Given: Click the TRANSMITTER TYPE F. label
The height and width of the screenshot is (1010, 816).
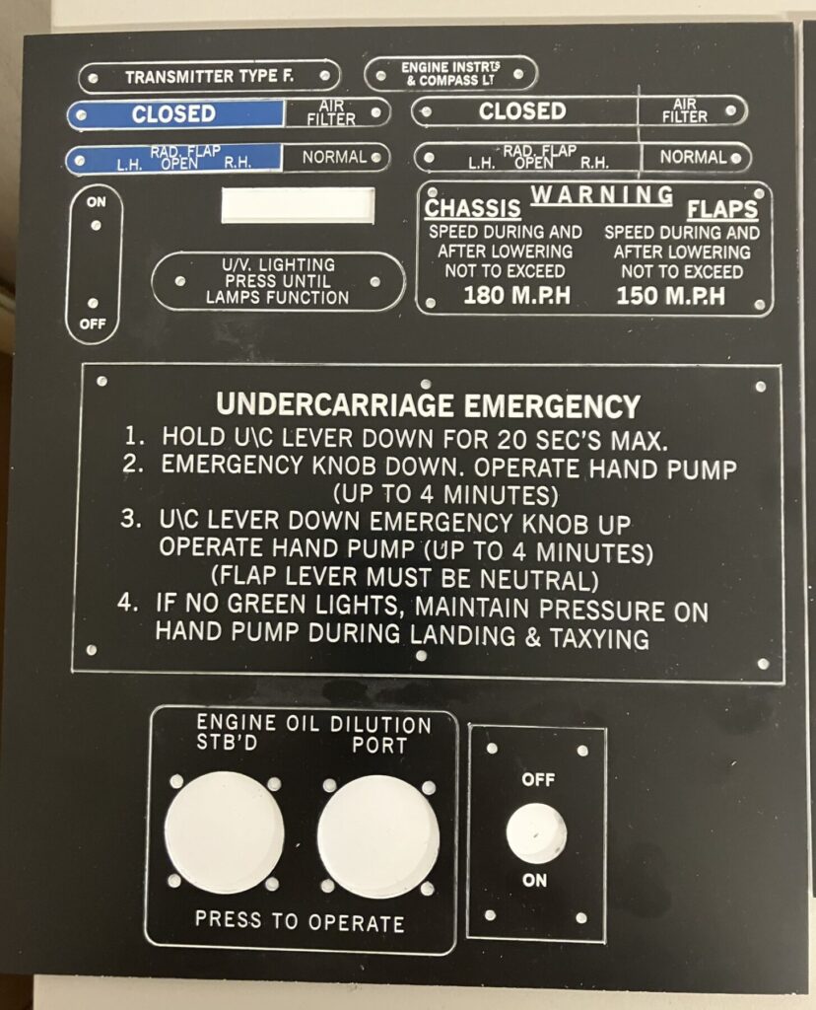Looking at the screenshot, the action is (x=209, y=77).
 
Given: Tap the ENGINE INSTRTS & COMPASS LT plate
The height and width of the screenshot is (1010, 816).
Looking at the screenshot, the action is (x=449, y=74).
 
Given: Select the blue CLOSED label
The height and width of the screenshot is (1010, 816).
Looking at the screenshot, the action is (x=173, y=114).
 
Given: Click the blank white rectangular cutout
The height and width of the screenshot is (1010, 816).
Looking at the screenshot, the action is (x=298, y=205).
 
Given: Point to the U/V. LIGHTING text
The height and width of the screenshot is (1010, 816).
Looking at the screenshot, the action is (x=279, y=264).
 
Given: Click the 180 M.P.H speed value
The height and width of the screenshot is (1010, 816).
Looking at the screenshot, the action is (x=516, y=295).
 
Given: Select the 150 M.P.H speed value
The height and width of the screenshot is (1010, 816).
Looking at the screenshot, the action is (x=670, y=296).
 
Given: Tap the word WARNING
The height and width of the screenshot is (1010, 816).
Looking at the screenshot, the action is (x=602, y=194).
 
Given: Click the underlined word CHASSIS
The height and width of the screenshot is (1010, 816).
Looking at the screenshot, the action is (x=472, y=208).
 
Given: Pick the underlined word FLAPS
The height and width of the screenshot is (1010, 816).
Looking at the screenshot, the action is (x=722, y=209).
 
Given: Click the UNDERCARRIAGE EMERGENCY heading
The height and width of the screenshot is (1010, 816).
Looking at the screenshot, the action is (x=428, y=405).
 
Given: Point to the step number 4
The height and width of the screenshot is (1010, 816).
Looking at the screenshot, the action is (x=127, y=603).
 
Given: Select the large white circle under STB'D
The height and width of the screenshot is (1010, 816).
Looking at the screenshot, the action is (x=224, y=831).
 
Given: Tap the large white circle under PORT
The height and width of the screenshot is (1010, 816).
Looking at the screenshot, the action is (x=378, y=836).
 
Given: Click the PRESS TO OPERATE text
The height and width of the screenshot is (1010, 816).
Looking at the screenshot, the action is (x=300, y=921).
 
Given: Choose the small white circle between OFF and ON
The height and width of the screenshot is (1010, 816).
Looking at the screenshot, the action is (x=536, y=832).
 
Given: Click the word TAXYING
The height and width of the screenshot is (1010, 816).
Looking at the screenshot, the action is (x=599, y=638).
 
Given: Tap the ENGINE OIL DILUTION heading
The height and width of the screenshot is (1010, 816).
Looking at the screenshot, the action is (x=314, y=723).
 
